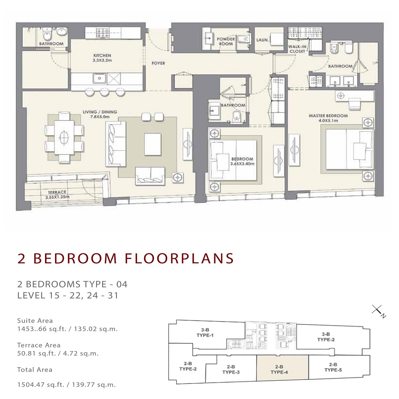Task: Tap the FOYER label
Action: [158, 63]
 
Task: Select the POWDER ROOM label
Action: [225, 41]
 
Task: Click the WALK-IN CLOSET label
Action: [297, 49]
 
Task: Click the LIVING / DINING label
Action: [100, 112]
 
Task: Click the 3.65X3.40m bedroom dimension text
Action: [242, 164]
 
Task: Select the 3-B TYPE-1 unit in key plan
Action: [205, 332]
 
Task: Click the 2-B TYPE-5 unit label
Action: [333, 367]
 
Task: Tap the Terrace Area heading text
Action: [39, 345]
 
